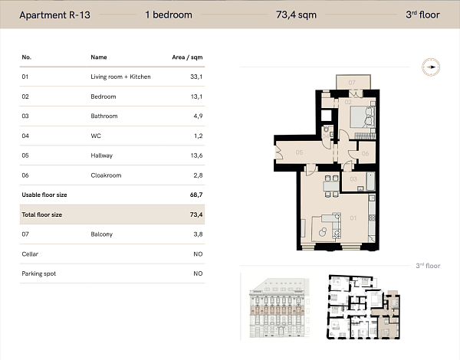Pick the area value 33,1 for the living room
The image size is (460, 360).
point(196,77)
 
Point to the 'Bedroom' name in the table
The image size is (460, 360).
point(103,97)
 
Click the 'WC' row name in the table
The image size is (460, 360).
point(95,136)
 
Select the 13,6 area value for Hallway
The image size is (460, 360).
point(196,155)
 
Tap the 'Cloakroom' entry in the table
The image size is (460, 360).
point(106,175)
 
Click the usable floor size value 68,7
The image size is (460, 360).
point(196,195)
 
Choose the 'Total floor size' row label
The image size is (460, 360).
point(42,214)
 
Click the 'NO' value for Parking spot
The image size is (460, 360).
point(198,273)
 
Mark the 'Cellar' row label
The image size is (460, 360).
point(30,254)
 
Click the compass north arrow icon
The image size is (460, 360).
point(432,67)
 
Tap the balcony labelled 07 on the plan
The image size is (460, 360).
point(352,82)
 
